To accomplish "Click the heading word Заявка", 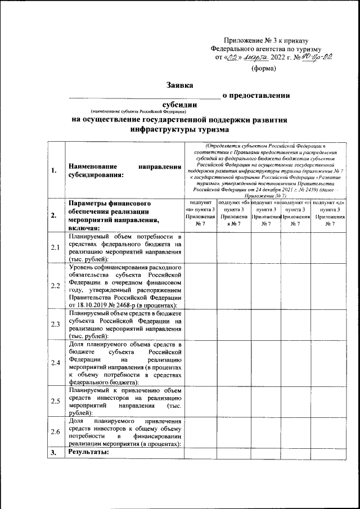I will coord(179,85).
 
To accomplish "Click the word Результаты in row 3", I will coord(88,452).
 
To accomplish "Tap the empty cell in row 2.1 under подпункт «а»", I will coord(201,247).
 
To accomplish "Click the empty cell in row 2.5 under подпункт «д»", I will coord(329,400).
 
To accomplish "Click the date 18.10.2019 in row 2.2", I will coord(86,305).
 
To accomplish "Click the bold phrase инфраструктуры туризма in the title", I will coord(179,129).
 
